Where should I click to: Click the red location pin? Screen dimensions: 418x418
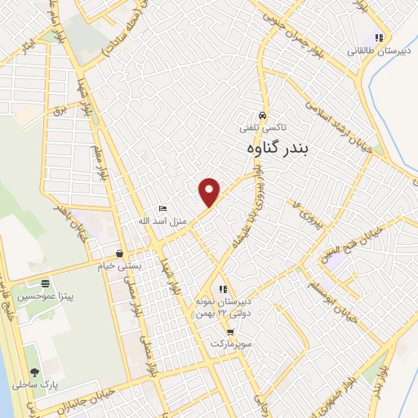click(x=210, y=191)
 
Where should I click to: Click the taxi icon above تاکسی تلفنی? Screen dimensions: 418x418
click(x=261, y=115)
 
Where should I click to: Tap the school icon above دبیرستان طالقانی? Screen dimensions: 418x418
click(x=378, y=38)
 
